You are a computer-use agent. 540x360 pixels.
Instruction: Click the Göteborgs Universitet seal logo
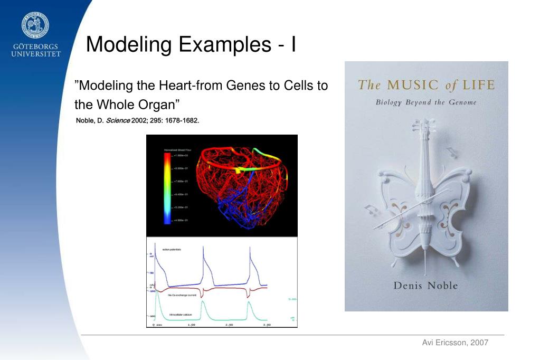pyautogui.click(x=36, y=25)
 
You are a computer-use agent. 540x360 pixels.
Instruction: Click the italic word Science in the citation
pyautogui.click(x=118, y=120)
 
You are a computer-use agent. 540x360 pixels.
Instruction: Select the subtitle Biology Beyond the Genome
pyautogui.click(x=425, y=102)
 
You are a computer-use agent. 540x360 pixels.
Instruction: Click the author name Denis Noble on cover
pyautogui.click(x=425, y=286)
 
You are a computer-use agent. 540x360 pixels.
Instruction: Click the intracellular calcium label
pyautogui.click(x=181, y=315)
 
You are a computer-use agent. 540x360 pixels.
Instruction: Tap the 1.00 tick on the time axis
pyautogui.click(x=192, y=325)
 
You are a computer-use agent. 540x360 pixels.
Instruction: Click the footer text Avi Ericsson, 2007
pyautogui.click(x=455, y=343)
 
